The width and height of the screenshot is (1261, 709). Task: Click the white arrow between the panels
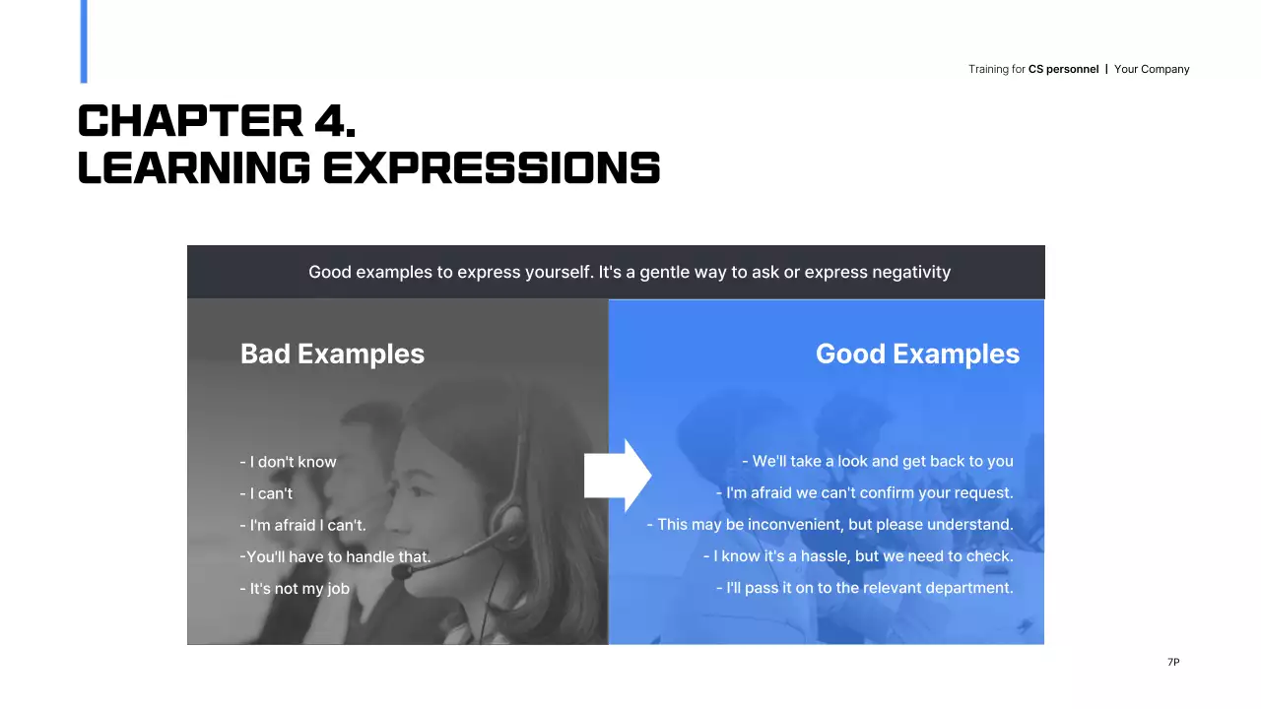(x=618, y=476)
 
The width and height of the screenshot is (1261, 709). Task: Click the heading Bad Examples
(x=332, y=354)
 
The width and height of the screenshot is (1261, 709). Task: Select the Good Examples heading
(x=917, y=354)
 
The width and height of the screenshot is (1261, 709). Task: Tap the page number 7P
(x=1173, y=663)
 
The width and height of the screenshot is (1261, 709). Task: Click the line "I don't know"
(x=289, y=462)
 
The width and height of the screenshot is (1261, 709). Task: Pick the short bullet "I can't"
(x=266, y=493)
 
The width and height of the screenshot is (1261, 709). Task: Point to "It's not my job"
(x=295, y=589)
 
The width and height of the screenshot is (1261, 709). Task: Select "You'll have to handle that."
(x=335, y=557)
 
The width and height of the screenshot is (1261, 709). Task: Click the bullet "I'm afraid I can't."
(x=302, y=525)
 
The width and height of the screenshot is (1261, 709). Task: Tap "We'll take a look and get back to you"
(x=877, y=461)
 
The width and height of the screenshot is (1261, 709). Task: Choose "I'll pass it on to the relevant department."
(x=864, y=588)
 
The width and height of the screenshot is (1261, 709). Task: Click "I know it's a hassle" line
(x=857, y=556)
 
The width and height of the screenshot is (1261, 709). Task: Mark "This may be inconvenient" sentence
(x=830, y=525)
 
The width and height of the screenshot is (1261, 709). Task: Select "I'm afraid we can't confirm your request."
(x=864, y=493)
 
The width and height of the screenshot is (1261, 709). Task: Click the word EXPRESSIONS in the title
(x=492, y=168)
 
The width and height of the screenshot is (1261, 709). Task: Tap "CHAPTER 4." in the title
(x=217, y=121)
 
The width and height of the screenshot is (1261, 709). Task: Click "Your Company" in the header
(x=1152, y=69)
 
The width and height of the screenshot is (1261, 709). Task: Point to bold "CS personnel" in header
(x=1063, y=69)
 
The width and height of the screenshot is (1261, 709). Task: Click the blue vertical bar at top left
(x=84, y=41)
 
